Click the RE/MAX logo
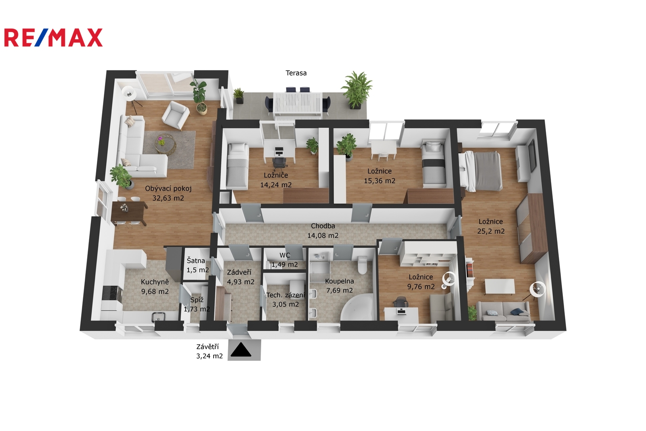53,38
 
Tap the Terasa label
296,73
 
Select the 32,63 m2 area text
168,198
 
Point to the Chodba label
323,226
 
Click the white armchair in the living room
176,114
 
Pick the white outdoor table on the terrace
297,106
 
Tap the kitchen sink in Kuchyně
158,317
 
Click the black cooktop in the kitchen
112,294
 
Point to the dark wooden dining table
129,213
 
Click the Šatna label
196,260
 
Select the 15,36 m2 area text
379,181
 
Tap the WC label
285,255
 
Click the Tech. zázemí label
285,295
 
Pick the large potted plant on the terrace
357,90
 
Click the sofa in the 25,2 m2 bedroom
503,311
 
